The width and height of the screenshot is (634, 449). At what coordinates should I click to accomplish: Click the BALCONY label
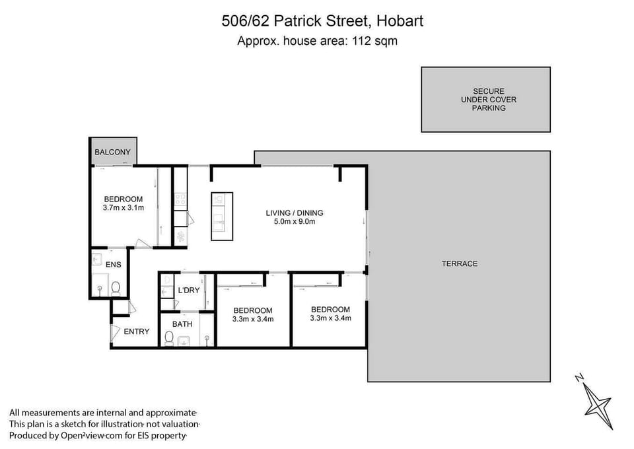pyautogui.click(x=113, y=153)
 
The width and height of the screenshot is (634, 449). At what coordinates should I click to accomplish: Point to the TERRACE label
pyautogui.click(x=460, y=263)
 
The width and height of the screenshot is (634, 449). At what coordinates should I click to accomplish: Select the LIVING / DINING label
pyautogui.click(x=295, y=213)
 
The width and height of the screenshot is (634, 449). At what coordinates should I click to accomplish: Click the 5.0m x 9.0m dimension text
pyautogui.click(x=295, y=222)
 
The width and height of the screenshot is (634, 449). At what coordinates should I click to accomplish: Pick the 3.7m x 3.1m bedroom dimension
pyautogui.click(x=123, y=208)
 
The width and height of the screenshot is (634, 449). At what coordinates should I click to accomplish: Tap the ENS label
pyautogui.click(x=114, y=265)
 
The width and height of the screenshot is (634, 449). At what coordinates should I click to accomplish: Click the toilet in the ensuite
pyautogui.click(x=116, y=287)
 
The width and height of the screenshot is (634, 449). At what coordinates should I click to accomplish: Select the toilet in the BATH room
pyautogui.click(x=169, y=339)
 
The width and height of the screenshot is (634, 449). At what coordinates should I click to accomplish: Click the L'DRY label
pyautogui.click(x=188, y=291)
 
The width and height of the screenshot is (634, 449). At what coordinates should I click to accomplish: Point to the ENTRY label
pyautogui.click(x=137, y=331)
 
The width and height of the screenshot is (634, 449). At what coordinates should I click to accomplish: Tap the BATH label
pyautogui.click(x=182, y=324)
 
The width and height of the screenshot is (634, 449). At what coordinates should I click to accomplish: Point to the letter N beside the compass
pyautogui.click(x=579, y=378)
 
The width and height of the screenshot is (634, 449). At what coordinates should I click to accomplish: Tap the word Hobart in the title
pyautogui.click(x=400, y=21)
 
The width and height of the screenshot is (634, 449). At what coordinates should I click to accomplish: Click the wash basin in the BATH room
pyautogui.click(x=185, y=339)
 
